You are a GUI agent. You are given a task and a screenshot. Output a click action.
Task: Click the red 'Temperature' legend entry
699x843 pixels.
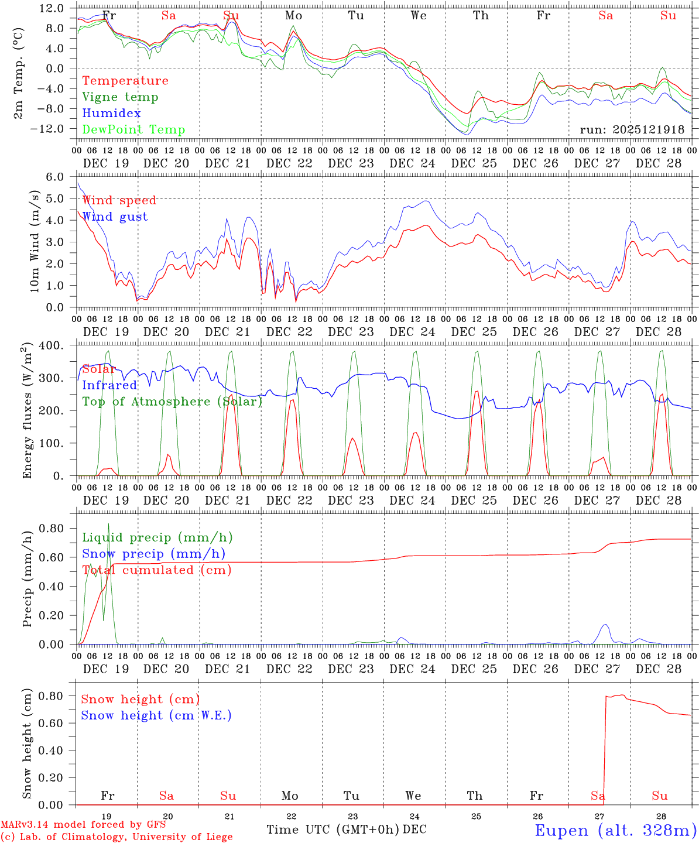tap(125, 81)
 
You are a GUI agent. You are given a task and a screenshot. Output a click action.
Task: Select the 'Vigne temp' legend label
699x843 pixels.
tap(120, 97)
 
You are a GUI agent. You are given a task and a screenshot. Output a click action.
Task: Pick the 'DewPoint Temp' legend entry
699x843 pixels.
tap(133, 130)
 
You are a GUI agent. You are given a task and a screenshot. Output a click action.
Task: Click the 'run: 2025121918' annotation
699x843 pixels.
tap(632, 130)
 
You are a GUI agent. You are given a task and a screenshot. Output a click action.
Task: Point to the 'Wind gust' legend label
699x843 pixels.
tap(115, 217)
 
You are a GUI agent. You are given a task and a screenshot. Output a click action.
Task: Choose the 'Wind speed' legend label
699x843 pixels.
tap(119, 200)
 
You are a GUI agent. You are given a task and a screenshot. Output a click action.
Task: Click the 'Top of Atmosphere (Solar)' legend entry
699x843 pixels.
tap(172, 402)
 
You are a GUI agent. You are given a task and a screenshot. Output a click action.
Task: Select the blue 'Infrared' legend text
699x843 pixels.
tap(109, 385)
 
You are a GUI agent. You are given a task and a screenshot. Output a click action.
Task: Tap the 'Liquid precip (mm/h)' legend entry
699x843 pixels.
tap(157, 537)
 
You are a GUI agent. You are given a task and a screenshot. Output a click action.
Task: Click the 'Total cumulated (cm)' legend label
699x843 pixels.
tap(156, 570)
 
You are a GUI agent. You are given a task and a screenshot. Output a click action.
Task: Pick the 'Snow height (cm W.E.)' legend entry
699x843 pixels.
tap(156, 715)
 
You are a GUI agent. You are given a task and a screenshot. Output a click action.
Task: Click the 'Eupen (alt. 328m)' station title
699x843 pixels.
tap(615, 830)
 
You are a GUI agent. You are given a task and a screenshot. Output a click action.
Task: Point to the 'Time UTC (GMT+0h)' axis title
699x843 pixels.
tap(333, 830)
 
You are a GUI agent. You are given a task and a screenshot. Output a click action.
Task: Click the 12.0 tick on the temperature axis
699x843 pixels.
tap(52, 8)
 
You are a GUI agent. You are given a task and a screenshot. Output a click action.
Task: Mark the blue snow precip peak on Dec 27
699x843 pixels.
tap(605, 625)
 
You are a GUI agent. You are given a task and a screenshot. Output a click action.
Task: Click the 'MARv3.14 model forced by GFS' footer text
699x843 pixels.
tap(83, 825)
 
